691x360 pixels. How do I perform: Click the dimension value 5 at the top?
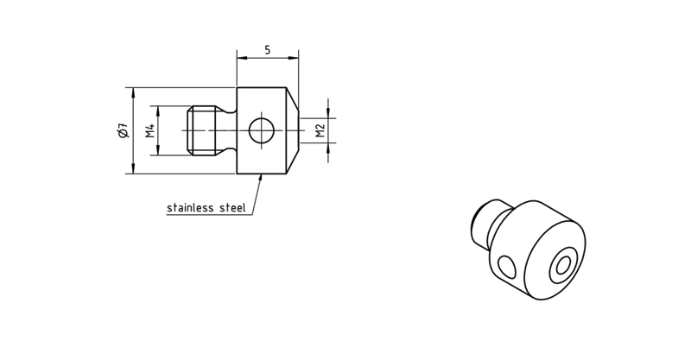268,50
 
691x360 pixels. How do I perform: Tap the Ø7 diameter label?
124,131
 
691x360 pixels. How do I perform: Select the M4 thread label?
150,130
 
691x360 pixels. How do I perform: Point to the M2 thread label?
320,130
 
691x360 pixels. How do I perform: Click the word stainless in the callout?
190,207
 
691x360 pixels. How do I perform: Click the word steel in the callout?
232,207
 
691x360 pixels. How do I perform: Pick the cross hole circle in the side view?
262,130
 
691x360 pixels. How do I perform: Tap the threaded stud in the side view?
202,130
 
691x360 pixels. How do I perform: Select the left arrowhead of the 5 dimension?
242,58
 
